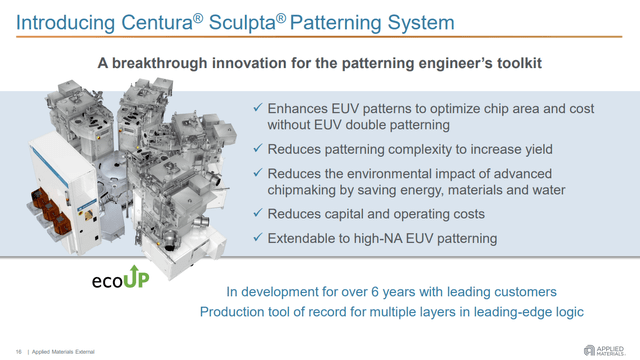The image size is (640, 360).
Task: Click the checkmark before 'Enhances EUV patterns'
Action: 257,107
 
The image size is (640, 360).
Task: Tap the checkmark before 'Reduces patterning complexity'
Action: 257,148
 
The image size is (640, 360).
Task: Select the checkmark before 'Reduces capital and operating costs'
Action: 257,213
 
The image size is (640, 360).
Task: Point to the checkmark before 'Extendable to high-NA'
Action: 257,237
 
